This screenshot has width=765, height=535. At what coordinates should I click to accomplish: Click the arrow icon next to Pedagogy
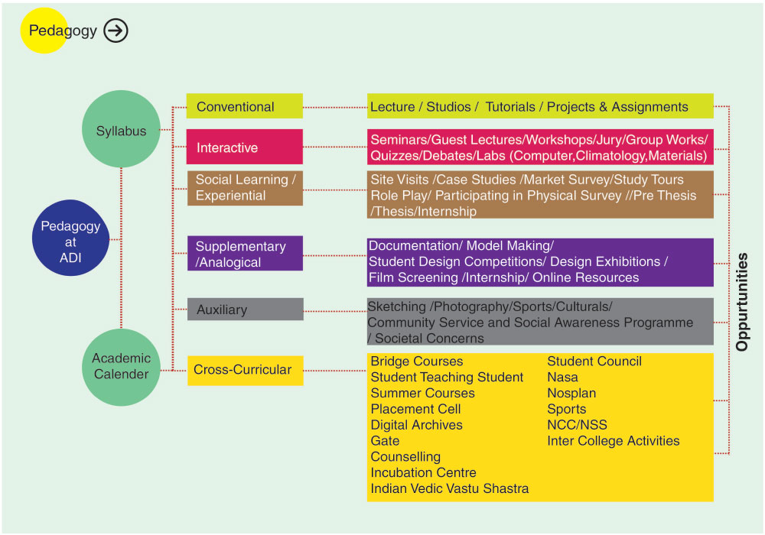tap(116, 31)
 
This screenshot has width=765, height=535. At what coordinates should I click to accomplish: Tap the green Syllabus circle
tap(122, 131)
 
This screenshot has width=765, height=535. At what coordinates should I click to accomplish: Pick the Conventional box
tap(244, 107)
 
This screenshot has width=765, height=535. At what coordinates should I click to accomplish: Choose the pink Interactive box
tap(244, 148)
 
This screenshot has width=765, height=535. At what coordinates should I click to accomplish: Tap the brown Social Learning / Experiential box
tap(244, 188)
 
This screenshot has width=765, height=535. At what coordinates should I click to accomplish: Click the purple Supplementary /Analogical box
tap(244, 254)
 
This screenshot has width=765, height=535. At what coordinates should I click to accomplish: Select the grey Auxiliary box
tap(244, 310)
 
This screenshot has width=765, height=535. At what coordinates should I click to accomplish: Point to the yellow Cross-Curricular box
tap(244, 370)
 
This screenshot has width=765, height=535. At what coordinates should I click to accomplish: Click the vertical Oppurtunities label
tap(741, 302)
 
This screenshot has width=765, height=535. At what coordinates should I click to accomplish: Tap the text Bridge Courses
tap(417, 362)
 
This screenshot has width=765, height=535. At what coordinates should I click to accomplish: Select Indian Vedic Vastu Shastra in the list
tap(450, 488)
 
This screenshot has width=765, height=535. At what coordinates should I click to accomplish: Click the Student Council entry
tap(594, 362)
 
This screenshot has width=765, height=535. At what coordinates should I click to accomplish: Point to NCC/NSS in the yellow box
tap(577, 425)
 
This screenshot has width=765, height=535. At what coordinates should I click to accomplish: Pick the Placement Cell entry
tap(415, 409)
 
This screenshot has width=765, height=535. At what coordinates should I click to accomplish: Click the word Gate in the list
tap(385, 441)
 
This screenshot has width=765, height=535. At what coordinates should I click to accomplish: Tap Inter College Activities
tap(613, 441)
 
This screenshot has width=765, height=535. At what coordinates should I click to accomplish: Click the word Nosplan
tap(571, 393)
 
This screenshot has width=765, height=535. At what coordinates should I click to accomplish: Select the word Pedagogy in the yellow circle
tap(63, 31)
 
